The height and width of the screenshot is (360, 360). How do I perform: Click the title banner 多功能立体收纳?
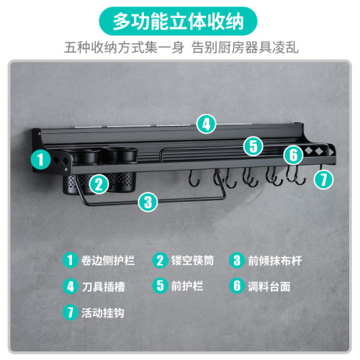point(178,22)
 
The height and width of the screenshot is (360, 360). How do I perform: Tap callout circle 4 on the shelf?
point(206,125)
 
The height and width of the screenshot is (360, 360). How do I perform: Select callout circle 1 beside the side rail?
point(40,159)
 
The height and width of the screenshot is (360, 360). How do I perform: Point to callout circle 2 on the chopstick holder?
point(99,184)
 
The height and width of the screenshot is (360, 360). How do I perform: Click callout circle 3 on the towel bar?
point(148,202)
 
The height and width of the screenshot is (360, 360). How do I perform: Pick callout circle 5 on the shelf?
point(253,146)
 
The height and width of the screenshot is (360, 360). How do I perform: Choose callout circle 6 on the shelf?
point(293,155)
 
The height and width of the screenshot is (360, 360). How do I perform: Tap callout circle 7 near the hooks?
point(323,179)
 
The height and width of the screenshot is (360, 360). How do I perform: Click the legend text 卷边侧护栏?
point(108,261)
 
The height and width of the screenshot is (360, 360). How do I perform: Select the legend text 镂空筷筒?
point(192,261)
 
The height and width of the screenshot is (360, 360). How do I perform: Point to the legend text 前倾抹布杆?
point(274,261)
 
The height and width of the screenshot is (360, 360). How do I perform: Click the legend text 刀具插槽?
point(103,287)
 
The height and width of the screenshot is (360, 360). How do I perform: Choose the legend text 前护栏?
point(186,286)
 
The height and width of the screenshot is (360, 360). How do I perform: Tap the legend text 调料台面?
point(269,287)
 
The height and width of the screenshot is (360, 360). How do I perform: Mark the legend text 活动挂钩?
point(103,312)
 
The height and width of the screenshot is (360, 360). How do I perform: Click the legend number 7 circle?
point(70,312)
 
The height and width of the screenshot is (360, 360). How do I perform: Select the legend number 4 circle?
point(71,286)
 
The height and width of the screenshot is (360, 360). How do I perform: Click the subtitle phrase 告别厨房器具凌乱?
point(245,48)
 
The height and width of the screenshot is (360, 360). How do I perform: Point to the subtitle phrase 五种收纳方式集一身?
point(124,48)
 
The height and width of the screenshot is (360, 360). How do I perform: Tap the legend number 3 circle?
point(237,260)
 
